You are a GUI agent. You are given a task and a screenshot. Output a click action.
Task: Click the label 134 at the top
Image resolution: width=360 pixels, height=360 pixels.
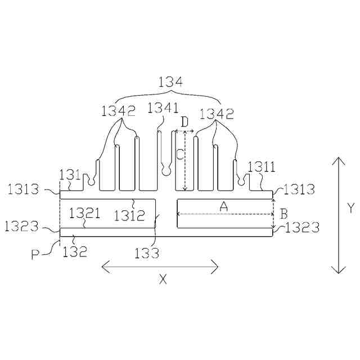point(170,82)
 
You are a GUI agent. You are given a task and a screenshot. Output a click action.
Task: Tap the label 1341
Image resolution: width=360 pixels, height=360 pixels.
point(163,108)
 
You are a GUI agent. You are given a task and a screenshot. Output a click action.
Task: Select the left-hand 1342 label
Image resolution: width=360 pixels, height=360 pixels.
point(119,111)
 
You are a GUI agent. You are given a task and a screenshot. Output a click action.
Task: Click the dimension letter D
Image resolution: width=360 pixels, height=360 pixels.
point(184,121)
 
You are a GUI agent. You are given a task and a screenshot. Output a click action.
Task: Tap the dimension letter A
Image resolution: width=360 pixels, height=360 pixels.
point(223,207)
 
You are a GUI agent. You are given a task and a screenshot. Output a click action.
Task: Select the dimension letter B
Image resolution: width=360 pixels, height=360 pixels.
point(283,214)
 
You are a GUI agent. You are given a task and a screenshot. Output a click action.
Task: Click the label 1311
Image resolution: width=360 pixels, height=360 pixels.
point(261,166)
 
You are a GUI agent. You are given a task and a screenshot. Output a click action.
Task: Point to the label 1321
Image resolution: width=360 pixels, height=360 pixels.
point(84,213)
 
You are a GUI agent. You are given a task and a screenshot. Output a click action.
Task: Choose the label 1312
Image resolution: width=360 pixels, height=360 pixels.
point(129,215)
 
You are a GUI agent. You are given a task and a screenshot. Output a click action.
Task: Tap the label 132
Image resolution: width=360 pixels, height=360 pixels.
point(75,251)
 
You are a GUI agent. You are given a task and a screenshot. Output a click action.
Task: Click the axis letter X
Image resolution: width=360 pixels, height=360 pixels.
point(163,280)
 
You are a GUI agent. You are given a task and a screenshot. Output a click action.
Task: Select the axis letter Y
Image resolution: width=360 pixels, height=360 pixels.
point(350,208)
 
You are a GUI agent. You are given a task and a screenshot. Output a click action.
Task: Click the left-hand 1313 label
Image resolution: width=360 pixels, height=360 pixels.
point(24,189)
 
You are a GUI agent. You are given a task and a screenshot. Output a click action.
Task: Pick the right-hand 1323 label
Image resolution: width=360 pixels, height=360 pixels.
point(302,228)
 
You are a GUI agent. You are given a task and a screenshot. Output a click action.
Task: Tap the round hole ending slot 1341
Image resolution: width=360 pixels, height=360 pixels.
point(166,168)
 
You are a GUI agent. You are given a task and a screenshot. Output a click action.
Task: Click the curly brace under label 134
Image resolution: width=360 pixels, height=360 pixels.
point(170,96)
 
